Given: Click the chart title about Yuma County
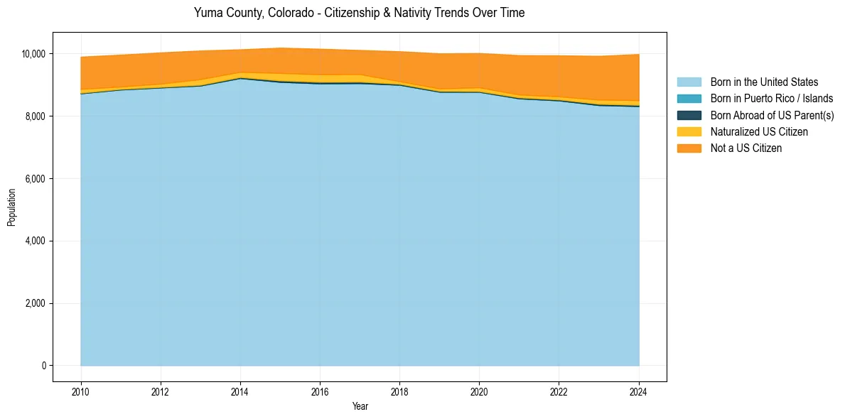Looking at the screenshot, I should [x=359, y=13].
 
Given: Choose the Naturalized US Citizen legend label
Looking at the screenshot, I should [x=759, y=131].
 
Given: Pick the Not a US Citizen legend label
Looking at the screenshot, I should [x=746, y=148].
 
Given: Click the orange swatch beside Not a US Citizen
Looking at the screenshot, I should [x=689, y=148].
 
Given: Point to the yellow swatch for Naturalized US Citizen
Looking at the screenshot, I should [x=689, y=131].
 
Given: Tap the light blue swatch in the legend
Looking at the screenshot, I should [x=689, y=82].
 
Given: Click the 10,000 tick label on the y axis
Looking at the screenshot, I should [x=33, y=54].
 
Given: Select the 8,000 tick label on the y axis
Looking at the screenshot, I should [x=36, y=116].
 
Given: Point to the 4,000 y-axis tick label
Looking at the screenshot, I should [x=36, y=241].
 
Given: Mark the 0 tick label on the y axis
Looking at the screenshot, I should [x=43, y=366].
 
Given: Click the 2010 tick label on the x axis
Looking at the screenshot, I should [x=81, y=391].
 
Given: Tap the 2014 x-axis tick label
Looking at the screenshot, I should [x=240, y=391].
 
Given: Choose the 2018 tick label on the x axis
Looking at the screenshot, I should [x=399, y=391].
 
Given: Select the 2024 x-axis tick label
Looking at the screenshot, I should [x=639, y=391].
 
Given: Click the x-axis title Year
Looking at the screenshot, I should [x=360, y=406].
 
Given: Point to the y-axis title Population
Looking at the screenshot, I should [x=11, y=207].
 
